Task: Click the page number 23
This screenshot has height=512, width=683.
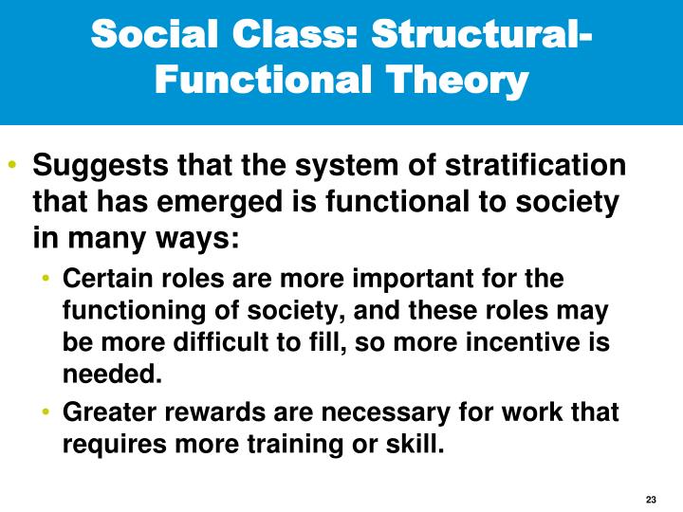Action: click(650, 500)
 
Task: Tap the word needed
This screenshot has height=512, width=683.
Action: click(106, 373)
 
